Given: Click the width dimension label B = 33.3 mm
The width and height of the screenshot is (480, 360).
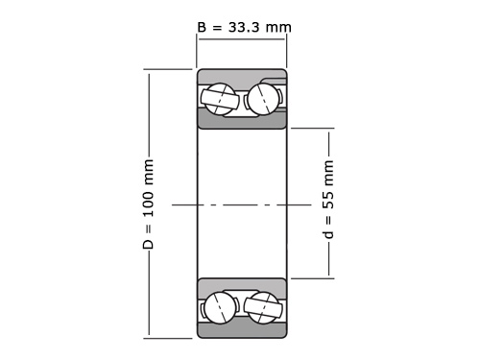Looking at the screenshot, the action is click(x=244, y=27).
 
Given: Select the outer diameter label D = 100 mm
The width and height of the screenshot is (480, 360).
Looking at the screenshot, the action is click(x=148, y=204).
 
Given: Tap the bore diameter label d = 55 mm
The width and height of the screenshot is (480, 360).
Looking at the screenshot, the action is click(x=328, y=200).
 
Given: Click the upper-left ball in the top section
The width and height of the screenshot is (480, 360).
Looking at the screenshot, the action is click(x=220, y=98).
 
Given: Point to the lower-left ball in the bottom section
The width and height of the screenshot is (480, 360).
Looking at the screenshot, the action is click(x=220, y=307).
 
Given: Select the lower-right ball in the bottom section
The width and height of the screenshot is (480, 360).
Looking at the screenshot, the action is click(x=263, y=307).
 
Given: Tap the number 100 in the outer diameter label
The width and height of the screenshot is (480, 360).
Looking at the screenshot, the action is click(x=148, y=204).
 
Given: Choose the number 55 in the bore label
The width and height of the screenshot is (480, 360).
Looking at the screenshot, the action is click(x=328, y=201).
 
